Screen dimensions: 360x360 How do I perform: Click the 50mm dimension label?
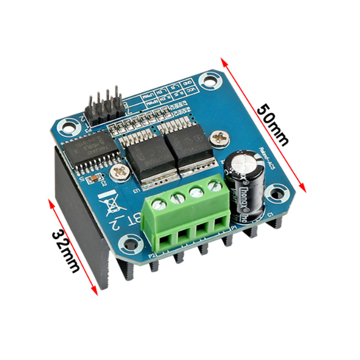273,124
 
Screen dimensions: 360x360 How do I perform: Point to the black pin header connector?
105,108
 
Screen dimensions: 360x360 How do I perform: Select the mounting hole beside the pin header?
66,125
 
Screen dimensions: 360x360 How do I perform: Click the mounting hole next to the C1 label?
276,193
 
